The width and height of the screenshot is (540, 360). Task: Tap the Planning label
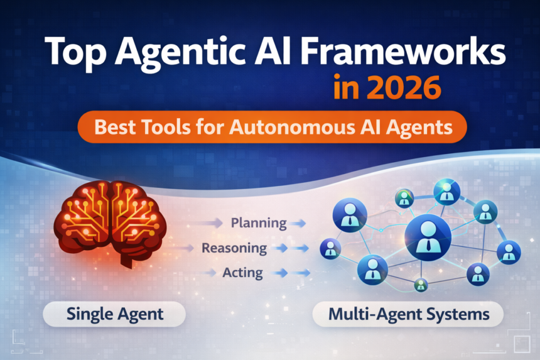(x=258, y=222)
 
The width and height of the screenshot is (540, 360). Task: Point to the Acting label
(x=242, y=273)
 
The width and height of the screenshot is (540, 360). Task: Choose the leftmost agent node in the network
(x=330, y=250)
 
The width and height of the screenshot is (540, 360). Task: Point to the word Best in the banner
(x=115, y=128)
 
